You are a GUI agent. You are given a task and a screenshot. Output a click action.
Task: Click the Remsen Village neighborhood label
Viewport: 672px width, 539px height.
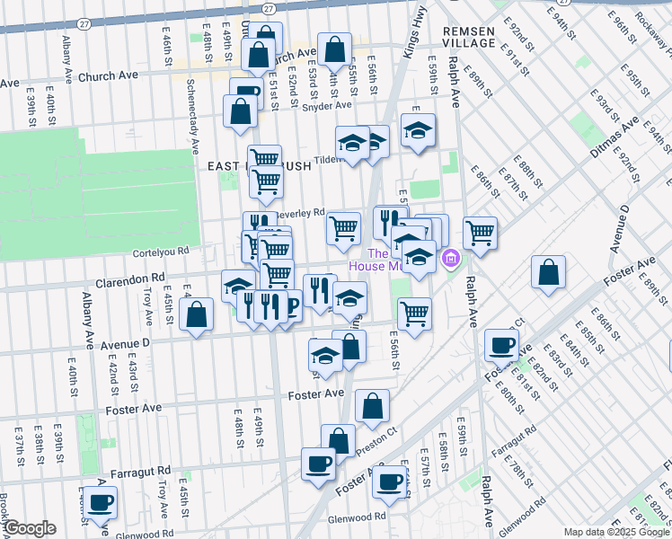pos(469,37)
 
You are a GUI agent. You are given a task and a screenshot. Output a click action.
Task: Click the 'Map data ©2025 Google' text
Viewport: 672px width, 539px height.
pos(615,532)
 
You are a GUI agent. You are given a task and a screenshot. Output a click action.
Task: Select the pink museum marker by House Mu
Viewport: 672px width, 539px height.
pos(451,261)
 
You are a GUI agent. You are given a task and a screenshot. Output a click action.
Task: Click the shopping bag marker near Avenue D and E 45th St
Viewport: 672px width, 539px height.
pos(196,315)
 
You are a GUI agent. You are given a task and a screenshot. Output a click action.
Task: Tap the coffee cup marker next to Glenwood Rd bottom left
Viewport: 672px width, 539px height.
pos(100,502)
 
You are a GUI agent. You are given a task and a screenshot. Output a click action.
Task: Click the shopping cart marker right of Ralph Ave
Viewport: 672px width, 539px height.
pos(481,232)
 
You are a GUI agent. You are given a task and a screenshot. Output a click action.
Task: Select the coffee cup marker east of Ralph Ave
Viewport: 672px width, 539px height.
pos(502,344)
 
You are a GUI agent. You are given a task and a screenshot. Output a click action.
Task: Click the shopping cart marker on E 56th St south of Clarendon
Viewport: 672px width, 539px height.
pos(414,313)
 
